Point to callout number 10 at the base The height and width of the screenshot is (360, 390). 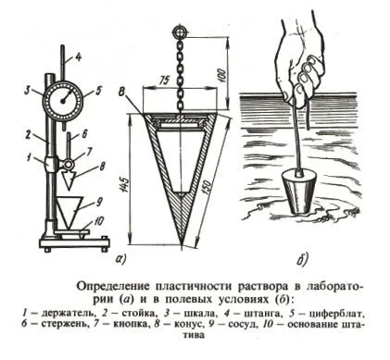coord(100,222)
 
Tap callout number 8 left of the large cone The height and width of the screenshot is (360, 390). coord(123,92)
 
